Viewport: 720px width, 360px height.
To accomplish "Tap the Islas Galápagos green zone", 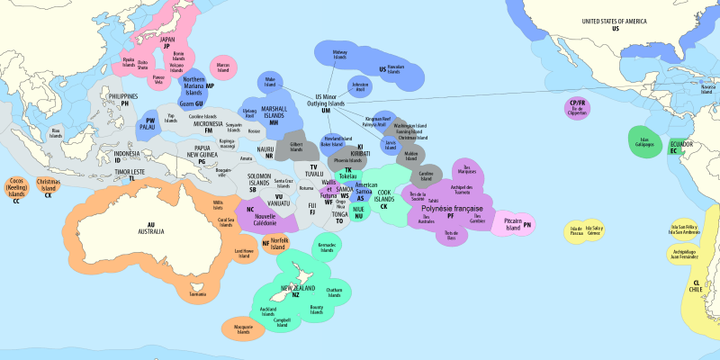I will tap(644, 141).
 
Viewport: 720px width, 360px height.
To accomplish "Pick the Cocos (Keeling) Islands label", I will tap(16, 191).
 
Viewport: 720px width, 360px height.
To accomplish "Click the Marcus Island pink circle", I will tap(223, 67).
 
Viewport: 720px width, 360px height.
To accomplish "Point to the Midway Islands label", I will tap(339, 55).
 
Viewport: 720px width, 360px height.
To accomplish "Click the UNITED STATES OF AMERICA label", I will tap(616, 23).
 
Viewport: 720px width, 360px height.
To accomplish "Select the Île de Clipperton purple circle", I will tap(577, 110).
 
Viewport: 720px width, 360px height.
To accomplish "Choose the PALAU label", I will tap(148, 127).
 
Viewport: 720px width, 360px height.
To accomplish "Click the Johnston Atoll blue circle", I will tap(360, 87).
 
